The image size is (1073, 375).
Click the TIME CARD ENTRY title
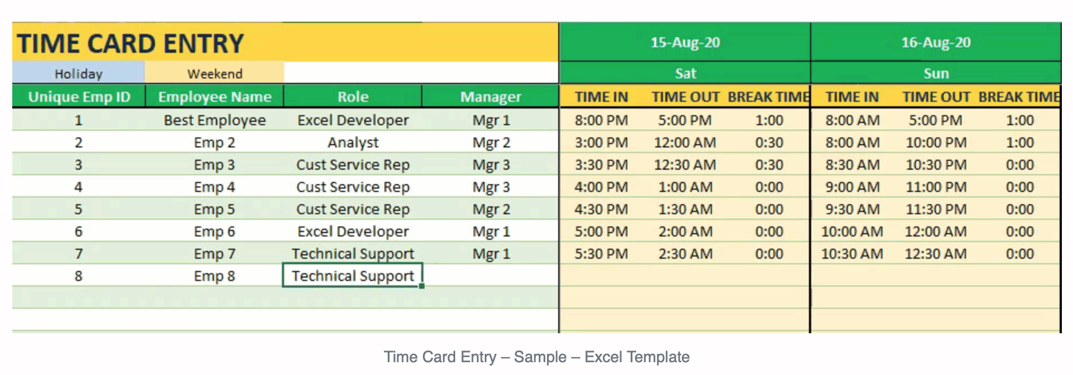(130, 43)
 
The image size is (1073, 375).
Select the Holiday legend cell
(79, 73)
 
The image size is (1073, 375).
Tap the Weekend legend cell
(214, 73)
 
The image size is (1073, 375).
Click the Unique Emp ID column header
(79, 96)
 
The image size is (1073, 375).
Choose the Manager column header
(490, 96)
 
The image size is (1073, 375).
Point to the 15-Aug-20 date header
(685, 42)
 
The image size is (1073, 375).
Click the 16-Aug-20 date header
(936, 42)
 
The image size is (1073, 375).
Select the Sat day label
(685, 73)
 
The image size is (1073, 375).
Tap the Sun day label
(936, 73)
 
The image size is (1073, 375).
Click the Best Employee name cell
(214, 120)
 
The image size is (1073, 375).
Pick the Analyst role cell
(353, 142)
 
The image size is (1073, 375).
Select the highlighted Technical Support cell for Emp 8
(353, 275)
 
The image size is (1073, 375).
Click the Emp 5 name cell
(214, 209)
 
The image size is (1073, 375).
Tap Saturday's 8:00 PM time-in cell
(601, 120)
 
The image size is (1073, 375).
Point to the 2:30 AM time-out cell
(685, 253)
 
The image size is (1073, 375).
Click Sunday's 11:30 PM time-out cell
(936, 209)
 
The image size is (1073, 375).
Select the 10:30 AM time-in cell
(852, 253)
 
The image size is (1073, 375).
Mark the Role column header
(353, 96)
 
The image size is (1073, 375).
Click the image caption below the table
(536, 357)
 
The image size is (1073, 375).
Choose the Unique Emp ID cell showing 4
(79, 186)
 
